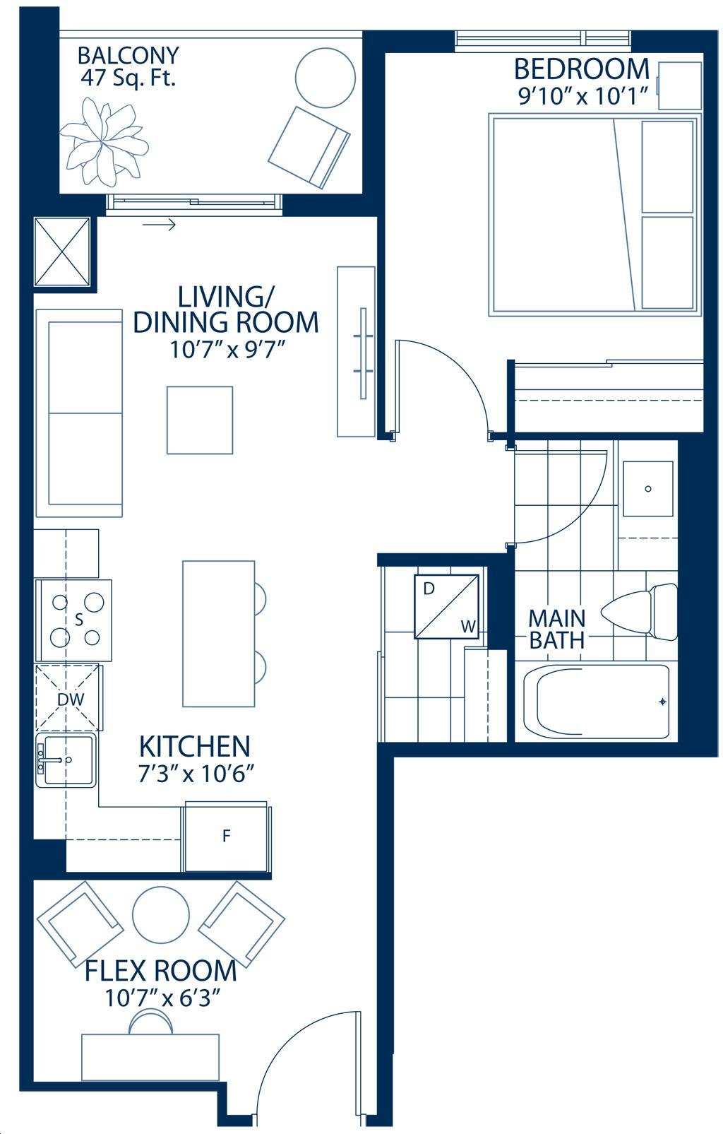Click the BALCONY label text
128,55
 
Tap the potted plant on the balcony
104,142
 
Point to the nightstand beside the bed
679,85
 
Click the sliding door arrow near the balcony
159,224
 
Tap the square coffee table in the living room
200,420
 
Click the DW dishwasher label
71,699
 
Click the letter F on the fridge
226,835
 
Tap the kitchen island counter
219,633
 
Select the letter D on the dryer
429,589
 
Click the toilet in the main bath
640,612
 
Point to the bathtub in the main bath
596,702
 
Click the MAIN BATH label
556,630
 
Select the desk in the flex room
150,1049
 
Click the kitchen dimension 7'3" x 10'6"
196,773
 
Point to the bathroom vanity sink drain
647,489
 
